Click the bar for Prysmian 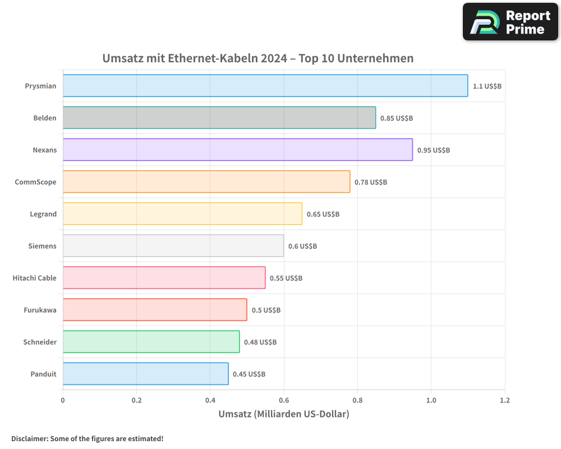click(265, 86)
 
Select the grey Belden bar click(219, 118)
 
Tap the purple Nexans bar click(237, 150)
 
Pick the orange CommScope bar click(206, 182)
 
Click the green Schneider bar click(151, 342)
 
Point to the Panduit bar click(145, 374)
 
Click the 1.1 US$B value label click(487, 86)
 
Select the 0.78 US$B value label click(371, 182)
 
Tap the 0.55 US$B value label click(286, 278)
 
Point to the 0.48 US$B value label click(260, 342)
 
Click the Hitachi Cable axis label click(34, 278)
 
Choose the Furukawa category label click(40, 310)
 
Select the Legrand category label click(43, 214)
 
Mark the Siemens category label click(42, 246)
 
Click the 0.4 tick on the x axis click(210, 401)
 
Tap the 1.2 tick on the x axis click(505, 401)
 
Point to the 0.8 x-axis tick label click(357, 401)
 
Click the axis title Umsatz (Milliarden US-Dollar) click(283, 414)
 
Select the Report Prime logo click(511, 22)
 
